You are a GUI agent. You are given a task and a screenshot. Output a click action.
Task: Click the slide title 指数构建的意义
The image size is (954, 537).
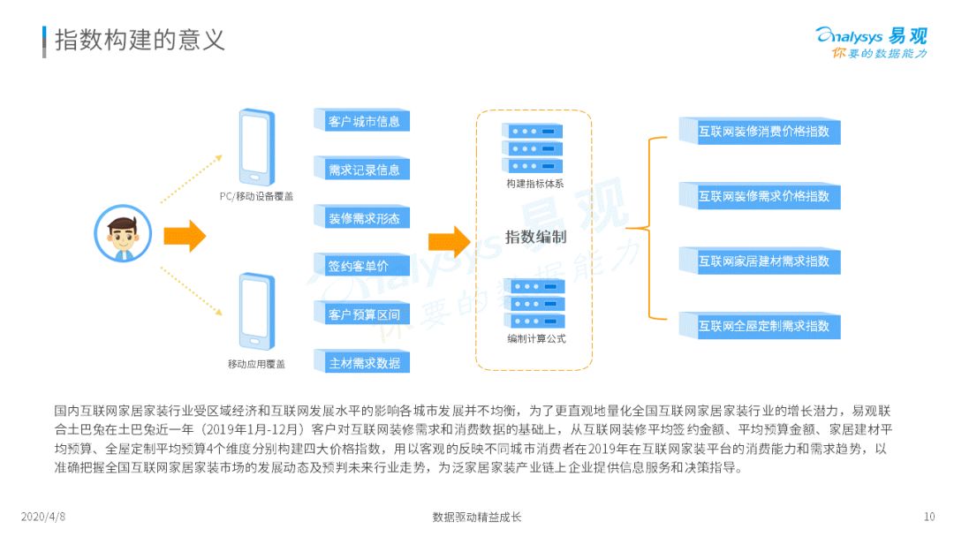tap(140, 39)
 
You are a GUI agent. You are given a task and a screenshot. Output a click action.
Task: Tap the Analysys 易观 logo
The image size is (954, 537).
tap(871, 42)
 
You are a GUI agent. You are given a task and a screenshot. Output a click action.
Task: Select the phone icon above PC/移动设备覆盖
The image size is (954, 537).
tap(255, 147)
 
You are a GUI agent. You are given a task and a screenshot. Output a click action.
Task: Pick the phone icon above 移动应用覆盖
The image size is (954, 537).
tap(255, 311)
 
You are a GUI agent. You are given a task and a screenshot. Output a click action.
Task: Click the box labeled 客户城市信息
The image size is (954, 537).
tap(362, 121)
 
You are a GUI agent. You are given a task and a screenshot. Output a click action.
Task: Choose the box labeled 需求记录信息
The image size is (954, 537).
tap(362, 170)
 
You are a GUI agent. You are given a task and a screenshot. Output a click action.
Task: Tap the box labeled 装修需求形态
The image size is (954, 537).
tap(362, 218)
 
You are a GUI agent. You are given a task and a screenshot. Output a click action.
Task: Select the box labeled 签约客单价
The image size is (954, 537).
tap(362, 266)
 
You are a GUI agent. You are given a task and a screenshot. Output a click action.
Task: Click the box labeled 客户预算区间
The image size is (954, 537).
tap(362, 314)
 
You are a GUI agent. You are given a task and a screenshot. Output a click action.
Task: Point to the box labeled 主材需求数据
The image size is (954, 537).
tap(362, 362)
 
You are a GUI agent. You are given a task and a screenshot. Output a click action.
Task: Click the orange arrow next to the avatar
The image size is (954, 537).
tap(184, 235)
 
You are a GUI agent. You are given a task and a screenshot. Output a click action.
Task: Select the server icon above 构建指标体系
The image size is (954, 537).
tap(532, 147)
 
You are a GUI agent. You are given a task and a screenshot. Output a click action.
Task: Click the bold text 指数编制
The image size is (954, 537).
tap(535, 237)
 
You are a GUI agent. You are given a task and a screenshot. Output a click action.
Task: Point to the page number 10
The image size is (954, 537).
tap(928, 517)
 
